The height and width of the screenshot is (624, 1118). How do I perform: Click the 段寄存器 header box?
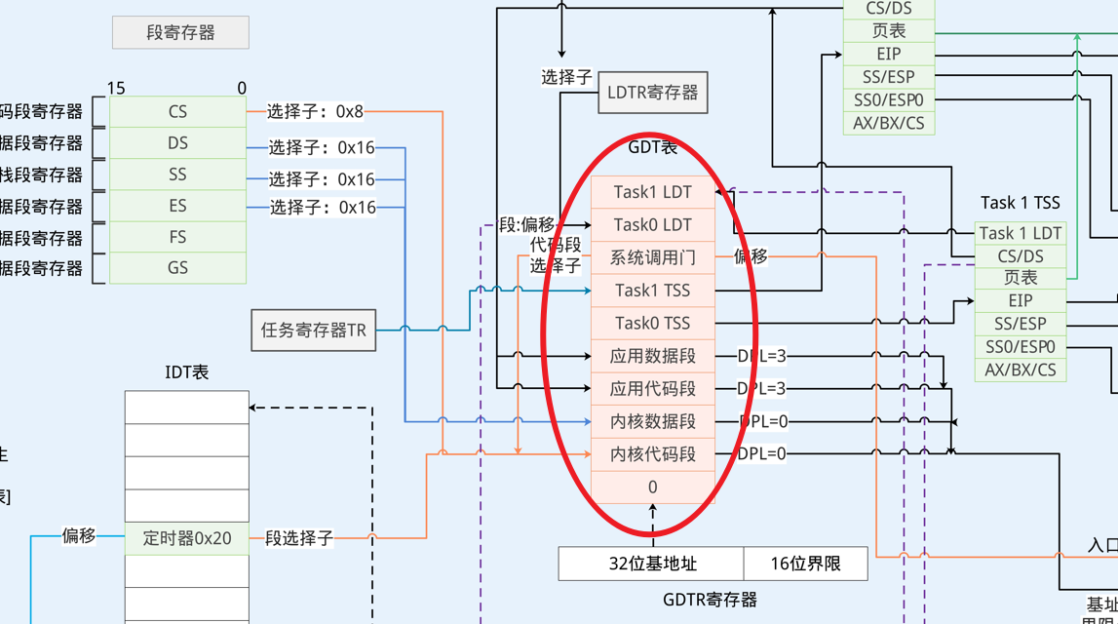180,32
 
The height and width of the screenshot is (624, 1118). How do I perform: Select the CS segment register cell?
177,111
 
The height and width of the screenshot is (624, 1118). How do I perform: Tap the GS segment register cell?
177,267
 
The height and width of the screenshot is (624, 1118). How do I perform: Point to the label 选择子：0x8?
315,111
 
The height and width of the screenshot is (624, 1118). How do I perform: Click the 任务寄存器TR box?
313,330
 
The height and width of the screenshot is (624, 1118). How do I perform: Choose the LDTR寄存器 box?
652,93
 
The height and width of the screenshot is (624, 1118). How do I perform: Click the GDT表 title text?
652,147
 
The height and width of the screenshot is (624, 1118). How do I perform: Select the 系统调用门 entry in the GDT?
652,257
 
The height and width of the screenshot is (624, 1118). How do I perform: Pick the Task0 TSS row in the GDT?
652,323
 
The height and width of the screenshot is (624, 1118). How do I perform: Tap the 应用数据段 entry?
652,356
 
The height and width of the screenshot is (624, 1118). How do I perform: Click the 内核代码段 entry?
652,454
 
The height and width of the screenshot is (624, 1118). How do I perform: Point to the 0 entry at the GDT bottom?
652,487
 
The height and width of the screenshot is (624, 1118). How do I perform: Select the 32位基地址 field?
652,564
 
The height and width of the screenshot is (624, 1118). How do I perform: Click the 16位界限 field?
805,564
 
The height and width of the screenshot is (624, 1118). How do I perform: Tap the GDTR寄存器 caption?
710,600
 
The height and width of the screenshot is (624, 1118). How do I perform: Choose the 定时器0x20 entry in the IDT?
187,537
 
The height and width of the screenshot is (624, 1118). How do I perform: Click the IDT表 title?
187,371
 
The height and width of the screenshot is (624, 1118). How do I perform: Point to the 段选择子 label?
299,537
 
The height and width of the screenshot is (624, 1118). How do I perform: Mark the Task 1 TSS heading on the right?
1020,203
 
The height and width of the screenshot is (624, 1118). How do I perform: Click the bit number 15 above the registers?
116,89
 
